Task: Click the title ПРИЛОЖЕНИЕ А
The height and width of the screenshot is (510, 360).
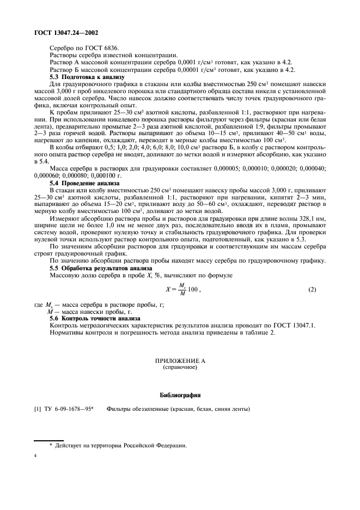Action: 180,361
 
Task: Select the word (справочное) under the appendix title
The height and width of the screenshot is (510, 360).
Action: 180,367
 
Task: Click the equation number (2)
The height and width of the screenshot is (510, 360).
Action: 312,289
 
